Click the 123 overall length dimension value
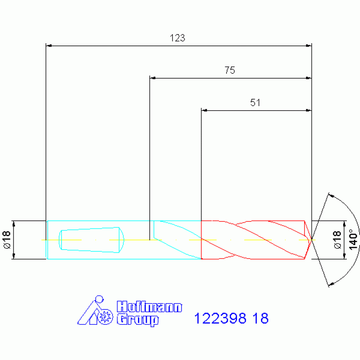click(177, 38)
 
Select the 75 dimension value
click(230, 70)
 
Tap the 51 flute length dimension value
click(255, 103)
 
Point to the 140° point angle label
click(353, 239)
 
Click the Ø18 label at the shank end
click(7, 240)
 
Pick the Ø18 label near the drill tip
click(337, 240)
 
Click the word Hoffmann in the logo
click(149, 307)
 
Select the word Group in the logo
click(138, 320)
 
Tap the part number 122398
click(220, 318)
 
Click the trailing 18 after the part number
click(260, 318)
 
